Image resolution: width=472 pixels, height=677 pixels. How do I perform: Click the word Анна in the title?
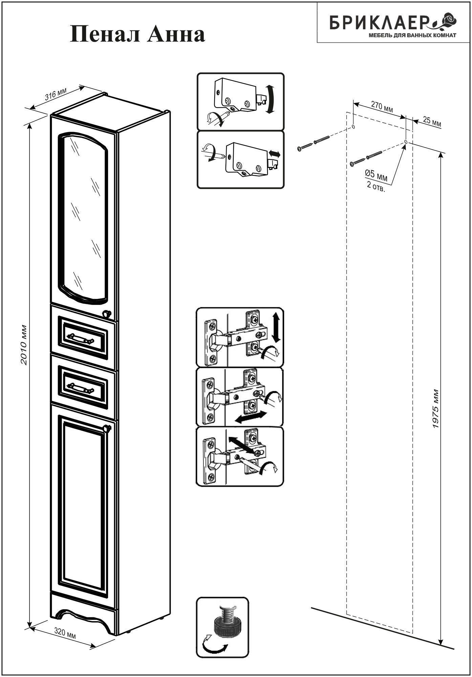(x=176, y=34)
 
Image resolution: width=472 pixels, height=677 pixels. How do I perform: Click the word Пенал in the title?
(x=106, y=34)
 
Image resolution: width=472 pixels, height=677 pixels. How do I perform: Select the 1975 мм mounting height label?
(x=436, y=410)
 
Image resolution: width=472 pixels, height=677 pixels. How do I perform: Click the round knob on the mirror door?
(x=107, y=314)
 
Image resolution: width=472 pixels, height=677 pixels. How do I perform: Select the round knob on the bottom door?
(x=107, y=429)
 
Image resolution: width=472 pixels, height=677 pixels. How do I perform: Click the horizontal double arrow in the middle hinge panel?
(x=250, y=417)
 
